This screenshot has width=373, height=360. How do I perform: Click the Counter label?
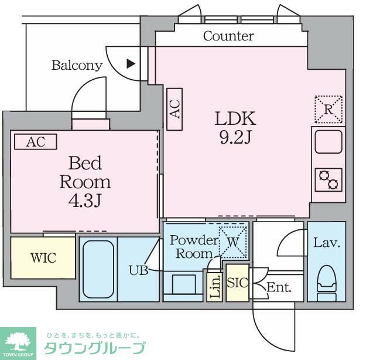pyautogui.click(x=228, y=36)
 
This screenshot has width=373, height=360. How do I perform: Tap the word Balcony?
pyautogui.click(x=77, y=65)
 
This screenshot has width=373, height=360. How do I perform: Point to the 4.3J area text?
pyautogui.click(x=84, y=201)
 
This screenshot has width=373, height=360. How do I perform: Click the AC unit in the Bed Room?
pyautogui.click(x=35, y=142)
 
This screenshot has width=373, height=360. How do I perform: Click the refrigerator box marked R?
pyautogui.click(x=328, y=109)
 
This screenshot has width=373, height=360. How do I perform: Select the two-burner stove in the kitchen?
pyautogui.click(x=328, y=179)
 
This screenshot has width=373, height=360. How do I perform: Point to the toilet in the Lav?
pyautogui.click(x=327, y=280)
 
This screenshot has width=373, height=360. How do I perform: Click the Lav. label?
pyautogui.click(x=327, y=242)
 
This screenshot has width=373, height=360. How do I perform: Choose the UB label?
pyautogui.click(x=139, y=270)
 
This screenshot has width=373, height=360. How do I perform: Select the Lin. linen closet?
pyautogui.click(x=214, y=287)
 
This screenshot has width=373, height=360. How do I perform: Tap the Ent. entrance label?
pyautogui.click(x=279, y=287)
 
